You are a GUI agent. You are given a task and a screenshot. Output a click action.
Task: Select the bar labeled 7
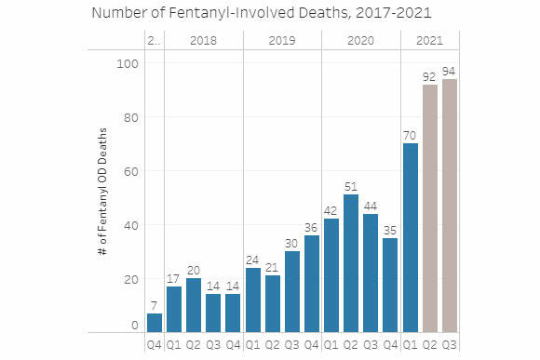pyautogui.click(x=155, y=322)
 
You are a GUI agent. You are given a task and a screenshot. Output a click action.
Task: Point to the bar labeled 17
pyautogui.click(x=174, y=308)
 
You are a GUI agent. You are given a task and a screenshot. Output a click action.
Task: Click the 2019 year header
pyautogui.click(x=282, y=41)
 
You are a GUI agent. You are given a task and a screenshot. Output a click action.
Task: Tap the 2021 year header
pyautogui.click(x=429, y=41)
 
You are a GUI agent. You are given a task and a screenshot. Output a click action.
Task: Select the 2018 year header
pyautogui.click(x=203, y=41)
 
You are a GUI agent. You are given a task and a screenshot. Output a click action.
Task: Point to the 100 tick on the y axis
pyautogui.click(x=127, y=63)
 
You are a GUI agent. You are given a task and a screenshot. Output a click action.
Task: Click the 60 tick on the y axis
pyautogui.click(x=129, y=171)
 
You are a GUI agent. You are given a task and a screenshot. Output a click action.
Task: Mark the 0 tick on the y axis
pyautogui.click(x=134, y=325)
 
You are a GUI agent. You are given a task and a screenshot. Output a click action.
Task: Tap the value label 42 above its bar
pyautogui.click(x=331, y=210)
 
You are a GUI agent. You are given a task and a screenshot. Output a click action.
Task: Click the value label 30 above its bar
pyautogui.click(x=291, y=243)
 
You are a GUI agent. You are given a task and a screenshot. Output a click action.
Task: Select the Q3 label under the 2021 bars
pyautogui.click(x=449, y=343)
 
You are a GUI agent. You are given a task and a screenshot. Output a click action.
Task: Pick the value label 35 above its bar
pyautogui.click(x=390, y=230)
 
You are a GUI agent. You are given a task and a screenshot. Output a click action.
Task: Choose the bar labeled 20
pyautogui.click(x=194, y=304)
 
